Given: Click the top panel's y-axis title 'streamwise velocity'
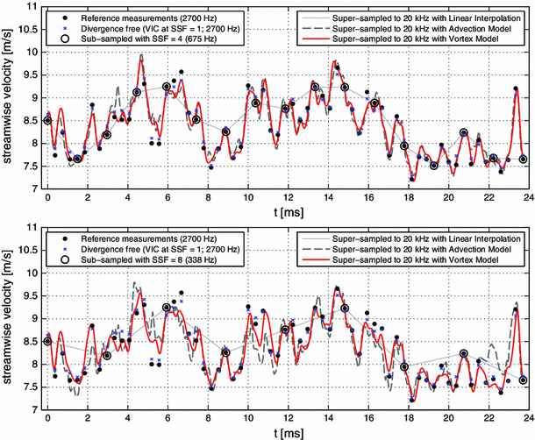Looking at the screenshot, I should coord(10,97).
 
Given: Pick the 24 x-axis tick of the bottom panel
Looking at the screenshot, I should coord(527,420).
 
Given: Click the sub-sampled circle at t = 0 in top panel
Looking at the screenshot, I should coord(47,120).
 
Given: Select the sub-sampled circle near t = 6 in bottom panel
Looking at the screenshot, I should coord(167,308).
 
